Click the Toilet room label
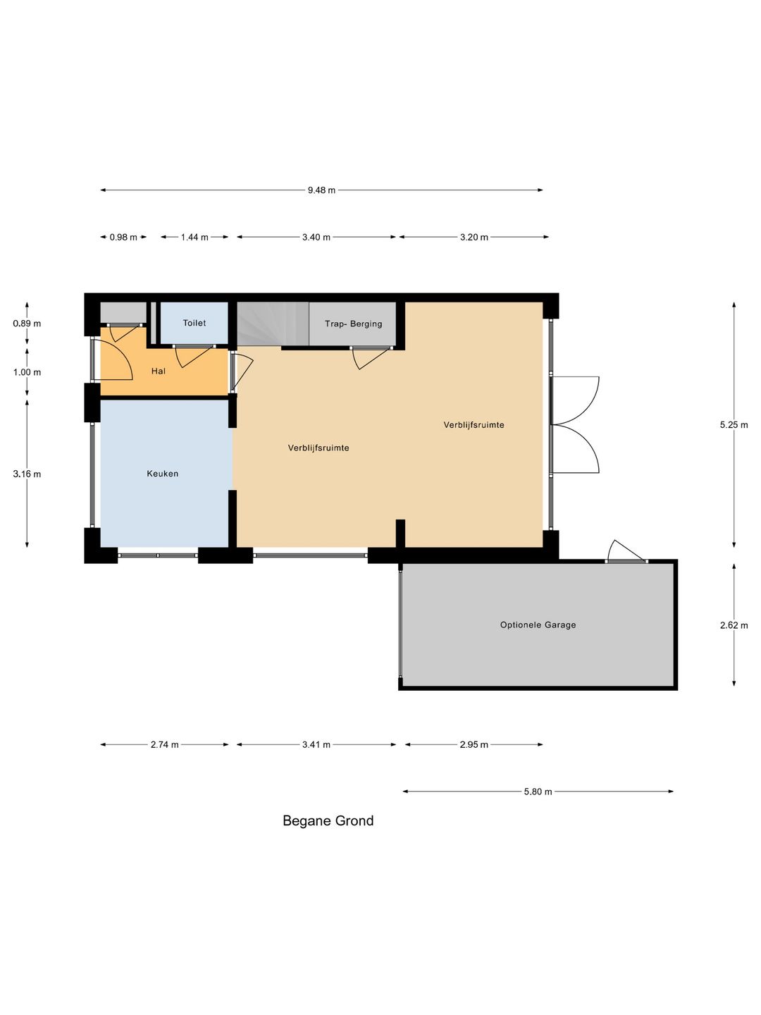coord(194,323)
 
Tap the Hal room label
coord(158,371)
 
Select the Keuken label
coord(162,474)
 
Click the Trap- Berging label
coord(354,324)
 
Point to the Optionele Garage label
coord(538,625)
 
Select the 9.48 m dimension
coord(321,190)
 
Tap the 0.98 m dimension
coord(123,238)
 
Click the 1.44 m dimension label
coord(194,238)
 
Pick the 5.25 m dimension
coord(734,425)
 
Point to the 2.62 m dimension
coord(734,625)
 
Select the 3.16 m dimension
coord(27,474)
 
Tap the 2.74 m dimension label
coord(164,745)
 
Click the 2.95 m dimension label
coord(474,745)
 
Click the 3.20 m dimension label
coord(474,238)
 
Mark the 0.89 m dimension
coord(27,324)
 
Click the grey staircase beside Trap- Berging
coord(273,324)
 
